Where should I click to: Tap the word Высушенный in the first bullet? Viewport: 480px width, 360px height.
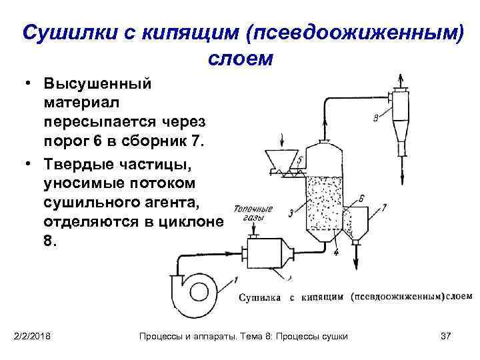pyautogui.click(x=97, y=85)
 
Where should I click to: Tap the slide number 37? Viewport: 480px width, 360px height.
pyautogui.click(x=446, y=335)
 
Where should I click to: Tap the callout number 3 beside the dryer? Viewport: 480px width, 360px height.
pyautogui.click(x=291, y=213)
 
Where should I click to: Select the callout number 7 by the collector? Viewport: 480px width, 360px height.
pyautogui.click(x=383, y=207)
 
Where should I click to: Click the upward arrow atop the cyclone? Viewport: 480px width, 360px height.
pyautogui.click(x=403, y=79)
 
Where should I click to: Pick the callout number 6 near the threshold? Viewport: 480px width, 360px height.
pyautogui.click(x=361, y=198)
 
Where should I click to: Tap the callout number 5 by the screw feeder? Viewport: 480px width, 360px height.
pyautogui.click(x=300, y=160)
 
